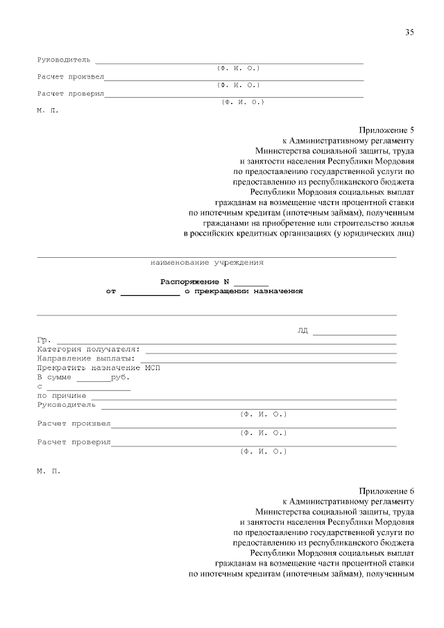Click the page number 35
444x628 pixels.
pyautogui.click(x=409, y=33)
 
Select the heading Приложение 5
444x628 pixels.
pyautogui.click(x=386, y=130)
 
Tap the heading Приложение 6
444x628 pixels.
pyautogui.click(x=386, y=491)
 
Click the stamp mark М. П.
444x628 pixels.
pyautogui.click(x=49, y=471)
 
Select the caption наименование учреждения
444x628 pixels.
pyautogui.click(x=207, y=263)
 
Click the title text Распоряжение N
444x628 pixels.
pyautogui.click(x=195, y=281)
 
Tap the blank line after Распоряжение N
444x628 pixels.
pyautogui.click(x=250, y=284)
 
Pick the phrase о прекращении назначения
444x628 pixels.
pyautogui.click(x=244, y=292)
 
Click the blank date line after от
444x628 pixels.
pyautogui.click(x=150, y=294)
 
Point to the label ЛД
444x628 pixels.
pyautogui.click(x=302, y=330)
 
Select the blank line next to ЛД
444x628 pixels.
pyautogui.click(x=354, y=333)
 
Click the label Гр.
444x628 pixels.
pyautogui.click(x=43, y=340)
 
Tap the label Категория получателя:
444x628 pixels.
pyautogui.click(x=89, y=349)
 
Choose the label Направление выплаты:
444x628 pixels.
pyautogui.click(x=86, y=359)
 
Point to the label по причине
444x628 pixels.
pyautogui.click(x=62, y=396)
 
